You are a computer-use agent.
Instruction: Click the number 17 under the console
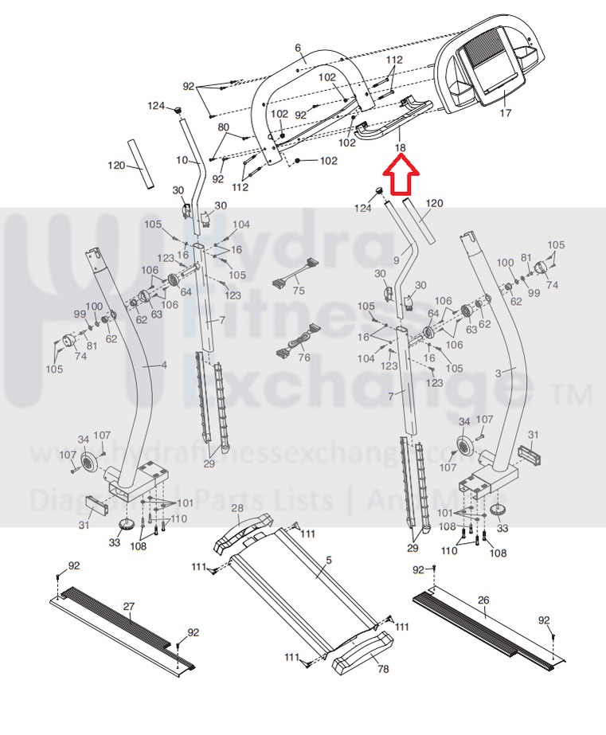click(x=505, y=114)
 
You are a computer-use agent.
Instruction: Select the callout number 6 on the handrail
click(x=298, y=49)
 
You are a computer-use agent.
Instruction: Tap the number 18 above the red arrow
click(x=400, y=148)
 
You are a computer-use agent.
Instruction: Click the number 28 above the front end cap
click(x=237, y=508)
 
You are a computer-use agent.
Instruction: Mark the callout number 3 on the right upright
click(x=498, y=372)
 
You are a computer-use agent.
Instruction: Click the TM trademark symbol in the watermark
click(x=575, y=394)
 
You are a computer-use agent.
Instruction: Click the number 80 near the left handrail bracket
click(x=224, y=127)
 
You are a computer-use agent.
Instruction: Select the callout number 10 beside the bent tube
click(x=182, y=160)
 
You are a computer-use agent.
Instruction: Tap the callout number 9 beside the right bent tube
click(x=396, y=260)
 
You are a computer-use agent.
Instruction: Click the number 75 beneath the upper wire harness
click(x=299, y=291)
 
